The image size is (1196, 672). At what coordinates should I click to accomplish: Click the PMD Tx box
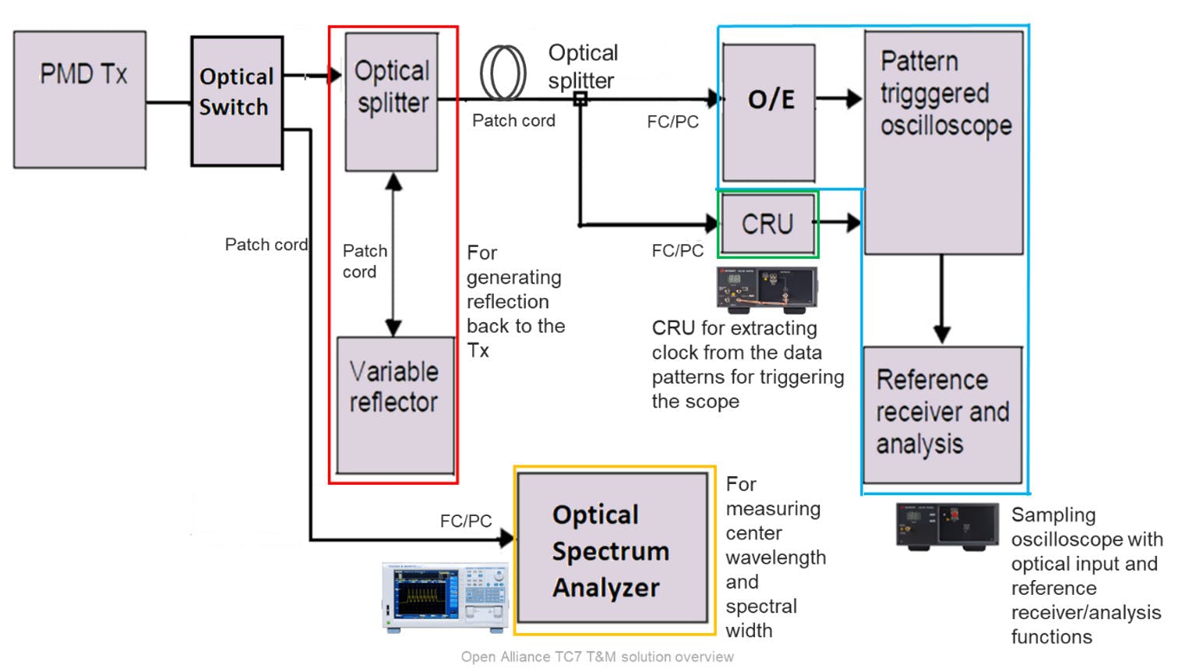pyautogui.click(x=79, y=99)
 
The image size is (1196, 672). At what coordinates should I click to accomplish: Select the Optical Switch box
pyautogui.click(x=236, y=101)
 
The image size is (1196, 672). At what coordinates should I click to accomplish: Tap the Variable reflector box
pyautogui.click(x=395, y=405)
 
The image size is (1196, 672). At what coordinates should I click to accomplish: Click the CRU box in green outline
pyautogui.click(x=767, y=225)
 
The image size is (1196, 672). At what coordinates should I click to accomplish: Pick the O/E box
pyautogui.click(x=768, y=113)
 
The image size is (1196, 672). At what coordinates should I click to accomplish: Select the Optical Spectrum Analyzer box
pyautogui.click(x=612, y=549)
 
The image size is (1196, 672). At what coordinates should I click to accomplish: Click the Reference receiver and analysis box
pyautogui.click(x=942, y=414)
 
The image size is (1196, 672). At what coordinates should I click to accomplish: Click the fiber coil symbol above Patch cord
pyautogui.click(x=503, y=73)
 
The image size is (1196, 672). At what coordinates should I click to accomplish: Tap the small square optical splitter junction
pyautogui.click(x=580, y=99)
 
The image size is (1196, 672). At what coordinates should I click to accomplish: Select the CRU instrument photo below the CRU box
pyautogui.click(x=767, y=289)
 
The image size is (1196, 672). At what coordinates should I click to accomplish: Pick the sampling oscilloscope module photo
pyautogui.click(x=947, y=525)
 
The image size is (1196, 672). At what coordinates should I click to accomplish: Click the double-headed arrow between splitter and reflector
pyautogui.click(x=393, y=254)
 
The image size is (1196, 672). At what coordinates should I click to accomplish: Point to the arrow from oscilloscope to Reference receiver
pyautogui.click(x=942, y=300)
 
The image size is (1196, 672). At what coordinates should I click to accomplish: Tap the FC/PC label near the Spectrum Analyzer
pyautogui.click(x=465, y=521)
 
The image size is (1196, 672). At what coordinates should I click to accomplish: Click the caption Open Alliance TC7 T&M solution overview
pyautogui.click(x=597, y=657)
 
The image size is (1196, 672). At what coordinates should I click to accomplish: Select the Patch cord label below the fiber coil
pyautogui.click(x=513, y=121)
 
